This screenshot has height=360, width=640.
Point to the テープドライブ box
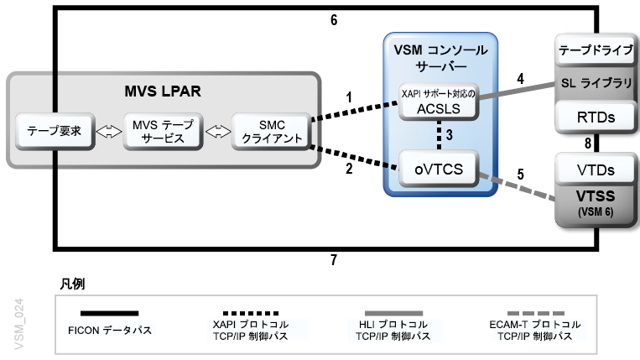pos(596,50)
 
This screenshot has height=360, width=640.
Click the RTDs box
pos(596,117)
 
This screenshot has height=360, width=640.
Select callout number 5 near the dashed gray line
pos(520,175)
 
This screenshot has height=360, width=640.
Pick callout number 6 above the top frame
pos(334,19)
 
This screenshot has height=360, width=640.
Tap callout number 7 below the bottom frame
pos(334,260)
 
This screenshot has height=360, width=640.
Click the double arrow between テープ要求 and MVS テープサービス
pos(108,132)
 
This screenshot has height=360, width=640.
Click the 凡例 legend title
pos(73,284)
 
